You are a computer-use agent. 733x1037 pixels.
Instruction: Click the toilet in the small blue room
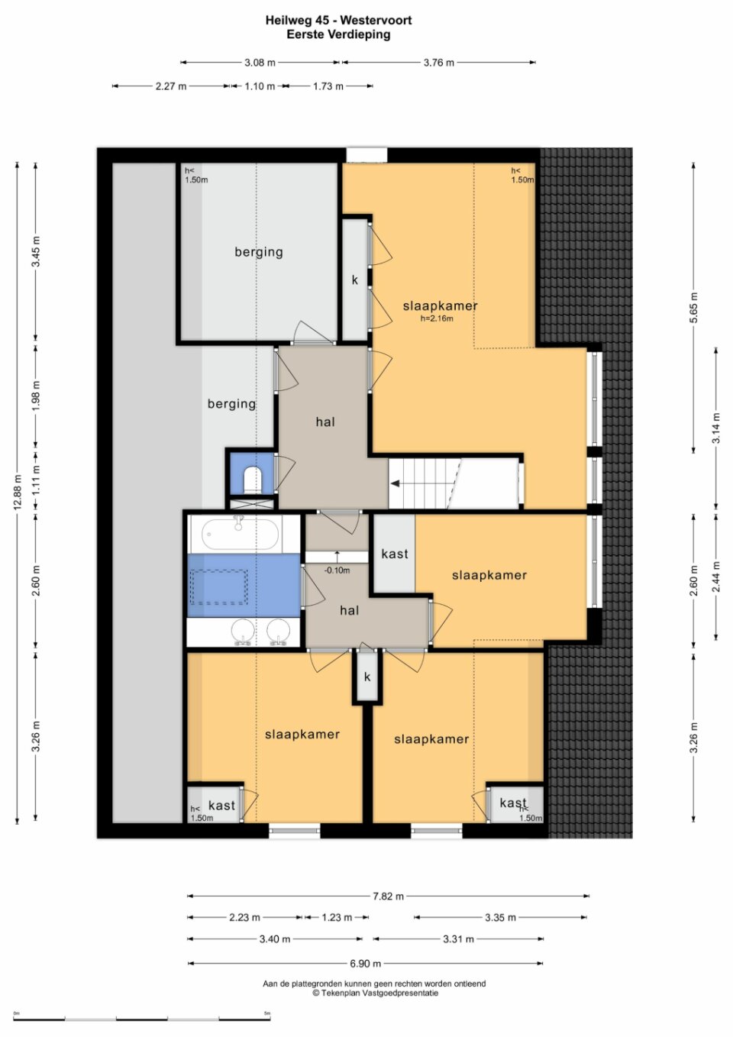coord(252,479)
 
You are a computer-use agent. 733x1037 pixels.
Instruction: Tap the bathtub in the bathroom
coord(241,533)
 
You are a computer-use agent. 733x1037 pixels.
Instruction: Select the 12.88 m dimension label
coord(18,493)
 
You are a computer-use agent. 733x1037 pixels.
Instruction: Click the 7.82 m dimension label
coord(388,896)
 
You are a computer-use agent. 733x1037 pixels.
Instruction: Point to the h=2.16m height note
coord(437,318)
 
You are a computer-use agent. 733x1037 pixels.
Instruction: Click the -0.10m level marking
coord(337,570)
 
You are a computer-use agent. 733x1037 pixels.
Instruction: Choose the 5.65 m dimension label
coord(693,308)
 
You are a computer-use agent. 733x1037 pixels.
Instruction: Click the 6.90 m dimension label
coord(365,964)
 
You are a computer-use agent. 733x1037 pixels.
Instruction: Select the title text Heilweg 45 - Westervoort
coord(338,21)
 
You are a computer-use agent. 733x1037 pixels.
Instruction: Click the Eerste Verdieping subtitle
coord(338,34)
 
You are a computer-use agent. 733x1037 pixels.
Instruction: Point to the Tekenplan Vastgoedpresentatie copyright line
coord(375,993)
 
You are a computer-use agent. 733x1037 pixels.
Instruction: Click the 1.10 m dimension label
coord(260,86)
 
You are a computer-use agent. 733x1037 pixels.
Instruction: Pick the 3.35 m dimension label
coord(500,917)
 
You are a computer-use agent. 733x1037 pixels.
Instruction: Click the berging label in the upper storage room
coord(259,252)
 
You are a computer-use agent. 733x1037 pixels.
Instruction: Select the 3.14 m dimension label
coord(716,428)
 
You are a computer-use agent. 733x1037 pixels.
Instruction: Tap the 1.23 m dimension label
coord(337,917)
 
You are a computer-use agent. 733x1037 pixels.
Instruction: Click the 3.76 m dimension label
coord(439,63)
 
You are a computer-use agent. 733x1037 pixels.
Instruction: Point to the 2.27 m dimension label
coord(171,86)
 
